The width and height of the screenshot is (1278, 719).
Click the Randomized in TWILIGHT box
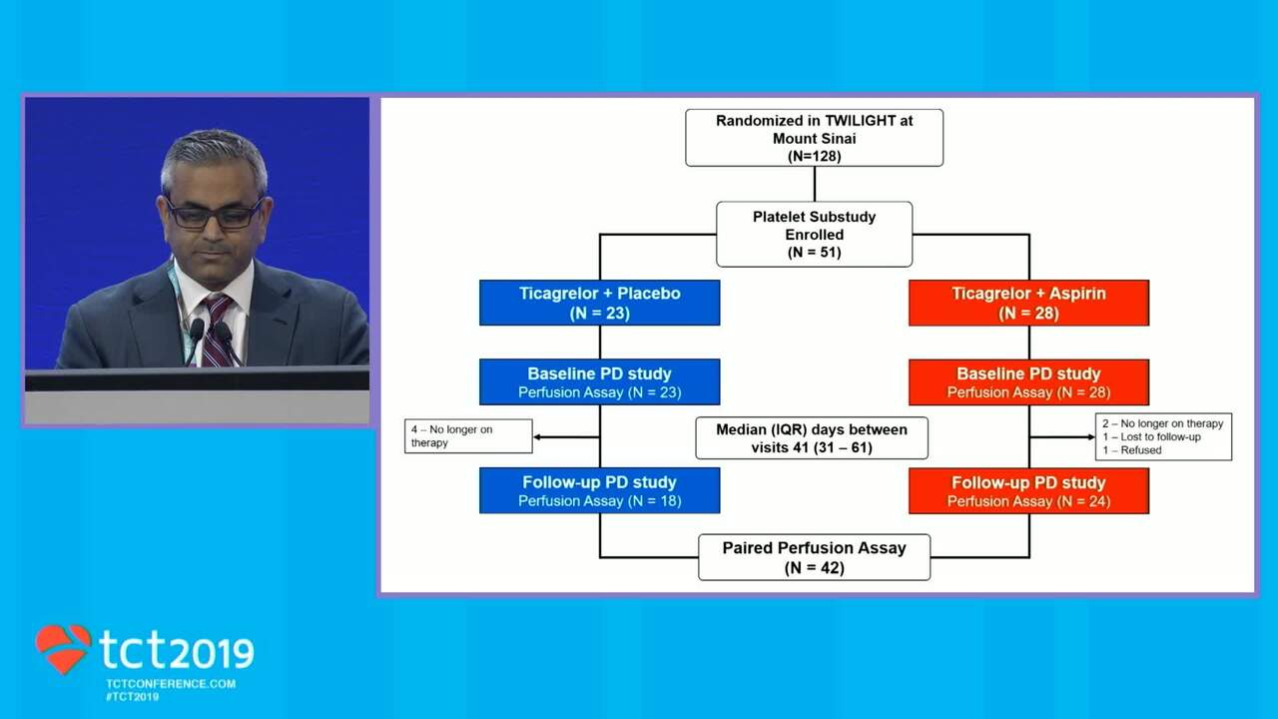tap(814, 138)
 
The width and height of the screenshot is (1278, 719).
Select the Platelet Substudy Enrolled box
tap(814, 235)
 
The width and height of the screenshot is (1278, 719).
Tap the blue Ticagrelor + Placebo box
tap(599, 303)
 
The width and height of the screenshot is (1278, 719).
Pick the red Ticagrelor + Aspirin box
tap(1028, 303)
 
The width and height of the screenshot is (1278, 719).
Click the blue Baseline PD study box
tap(599, 382)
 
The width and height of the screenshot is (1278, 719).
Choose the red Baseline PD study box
tap(1028, 382)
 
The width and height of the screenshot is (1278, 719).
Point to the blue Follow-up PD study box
tap(599, 490)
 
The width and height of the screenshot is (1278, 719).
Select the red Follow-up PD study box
tap(1028, 490)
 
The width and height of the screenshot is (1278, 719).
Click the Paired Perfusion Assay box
tap(814, 557)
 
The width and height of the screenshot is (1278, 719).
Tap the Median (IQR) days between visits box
tap(812, 438)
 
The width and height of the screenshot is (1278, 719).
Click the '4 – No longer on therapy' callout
tap(467, 436)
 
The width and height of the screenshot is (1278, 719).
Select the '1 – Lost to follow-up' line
tap(1151, 437)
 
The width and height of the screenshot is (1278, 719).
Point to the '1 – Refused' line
tap(1133, 450)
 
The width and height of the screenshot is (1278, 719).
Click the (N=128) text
tap(814, 155)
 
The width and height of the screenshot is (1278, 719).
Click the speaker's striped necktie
tap(216, 330)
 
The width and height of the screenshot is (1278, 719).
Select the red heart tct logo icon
tap(63, 648)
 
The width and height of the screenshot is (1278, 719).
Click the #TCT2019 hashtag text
tap(132, 696)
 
